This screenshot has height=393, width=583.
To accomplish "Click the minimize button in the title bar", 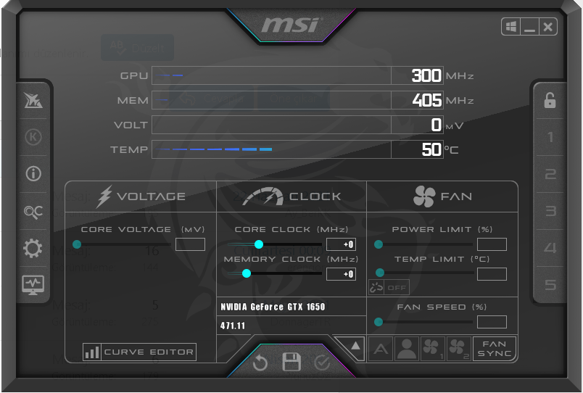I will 529,27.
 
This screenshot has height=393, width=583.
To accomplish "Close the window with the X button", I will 548,27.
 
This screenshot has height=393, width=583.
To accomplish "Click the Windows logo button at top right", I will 511,27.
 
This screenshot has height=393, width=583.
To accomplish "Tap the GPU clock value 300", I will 426,75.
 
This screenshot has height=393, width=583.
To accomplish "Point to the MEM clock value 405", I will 426,100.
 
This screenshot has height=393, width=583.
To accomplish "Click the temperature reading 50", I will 431,149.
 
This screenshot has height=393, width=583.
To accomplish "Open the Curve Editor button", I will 139,352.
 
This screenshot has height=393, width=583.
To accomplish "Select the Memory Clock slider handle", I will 247,273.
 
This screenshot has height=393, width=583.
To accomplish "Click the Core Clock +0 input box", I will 341,244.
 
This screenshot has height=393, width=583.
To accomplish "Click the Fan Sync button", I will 495,349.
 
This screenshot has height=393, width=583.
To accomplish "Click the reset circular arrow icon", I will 260,363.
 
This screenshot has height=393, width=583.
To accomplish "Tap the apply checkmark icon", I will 323,363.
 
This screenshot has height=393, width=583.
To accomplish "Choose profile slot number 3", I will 550,211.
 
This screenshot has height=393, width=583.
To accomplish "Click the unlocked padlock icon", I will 550,100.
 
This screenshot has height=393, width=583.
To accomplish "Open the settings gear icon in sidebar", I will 33,249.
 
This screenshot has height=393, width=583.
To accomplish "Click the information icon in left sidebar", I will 33,174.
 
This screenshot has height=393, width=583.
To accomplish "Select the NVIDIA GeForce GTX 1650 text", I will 273,307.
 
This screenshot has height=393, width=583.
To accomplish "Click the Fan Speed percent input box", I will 492,322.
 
